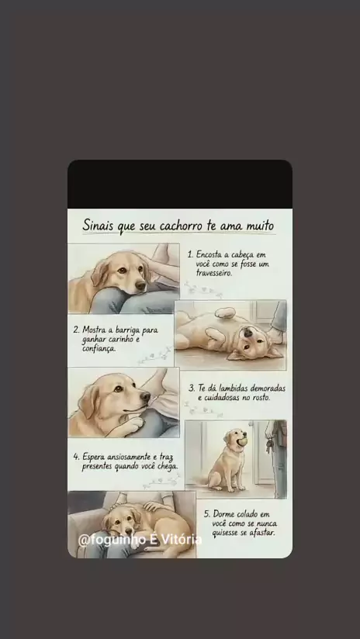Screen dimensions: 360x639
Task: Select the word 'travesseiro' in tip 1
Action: tap(213, 273)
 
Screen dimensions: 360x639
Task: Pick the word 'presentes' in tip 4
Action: tap(97, 467)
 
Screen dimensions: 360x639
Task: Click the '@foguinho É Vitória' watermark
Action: tap(140, 539)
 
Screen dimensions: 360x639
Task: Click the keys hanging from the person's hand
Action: tap(268, 445)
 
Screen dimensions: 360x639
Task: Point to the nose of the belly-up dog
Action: tap(248, 333)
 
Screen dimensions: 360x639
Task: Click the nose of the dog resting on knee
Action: tap(140, 286)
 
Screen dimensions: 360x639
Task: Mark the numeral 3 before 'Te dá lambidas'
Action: tap(191, 389)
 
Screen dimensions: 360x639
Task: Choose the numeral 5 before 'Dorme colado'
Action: tap(206, 514)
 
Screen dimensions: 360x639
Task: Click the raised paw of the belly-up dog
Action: tap(225, 313)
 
